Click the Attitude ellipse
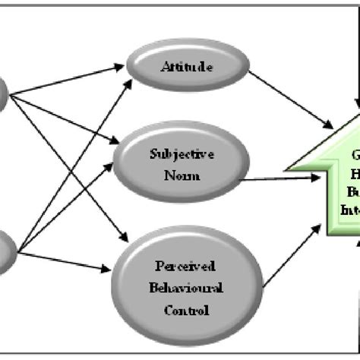[187, 68]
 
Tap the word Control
[184, 310]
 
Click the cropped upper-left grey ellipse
[3, 95]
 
